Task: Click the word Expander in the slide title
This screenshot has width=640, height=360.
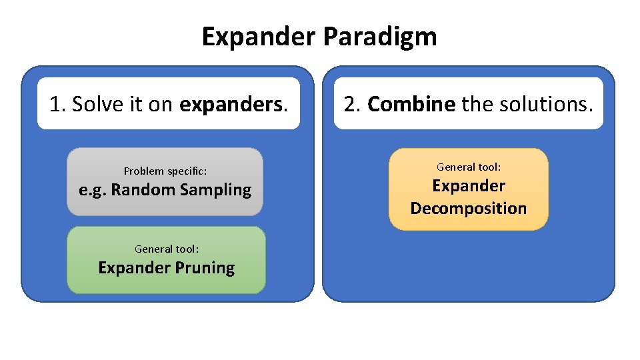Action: tap(259, 37)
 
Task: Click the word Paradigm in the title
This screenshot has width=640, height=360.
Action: tap(380, 37)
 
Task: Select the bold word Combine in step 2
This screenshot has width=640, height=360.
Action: tap(411, 104)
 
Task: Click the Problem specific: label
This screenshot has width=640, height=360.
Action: tap(165, 171)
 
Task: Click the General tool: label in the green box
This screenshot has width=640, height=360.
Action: tap(167, 249)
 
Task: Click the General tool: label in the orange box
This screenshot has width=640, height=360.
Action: tap(469, 167)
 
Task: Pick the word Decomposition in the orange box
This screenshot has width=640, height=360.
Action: tap(469, 209)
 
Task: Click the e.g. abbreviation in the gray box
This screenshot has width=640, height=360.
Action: tap(92, 190)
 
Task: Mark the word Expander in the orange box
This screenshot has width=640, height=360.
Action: tap(469, 186)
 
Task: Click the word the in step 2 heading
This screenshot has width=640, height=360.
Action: tap(477, 104)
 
